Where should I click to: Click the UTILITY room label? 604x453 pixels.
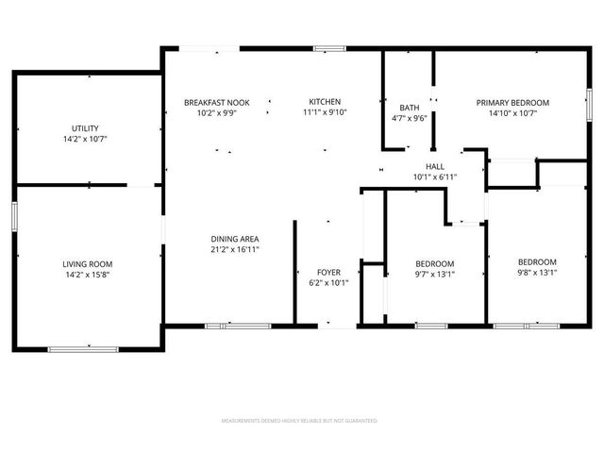coord(86,128)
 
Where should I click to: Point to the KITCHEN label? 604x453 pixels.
coord(326,102)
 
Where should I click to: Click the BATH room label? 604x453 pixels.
coord(410,108)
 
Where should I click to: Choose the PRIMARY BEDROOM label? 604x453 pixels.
coord(512,103)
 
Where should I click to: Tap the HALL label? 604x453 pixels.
coord(435,166)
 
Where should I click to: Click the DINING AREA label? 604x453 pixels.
coord(235,239)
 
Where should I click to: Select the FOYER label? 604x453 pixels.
coord(328,273)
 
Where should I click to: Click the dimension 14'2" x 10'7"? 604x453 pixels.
coord(86,139)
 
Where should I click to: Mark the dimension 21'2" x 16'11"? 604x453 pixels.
coord(235,249)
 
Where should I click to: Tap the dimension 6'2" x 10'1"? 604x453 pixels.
coord(328,283)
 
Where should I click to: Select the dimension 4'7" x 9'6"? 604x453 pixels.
coord(410,119)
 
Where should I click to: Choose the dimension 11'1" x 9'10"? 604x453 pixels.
coord(326,112)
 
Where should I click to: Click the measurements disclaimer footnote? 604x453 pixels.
coord(300,420)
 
